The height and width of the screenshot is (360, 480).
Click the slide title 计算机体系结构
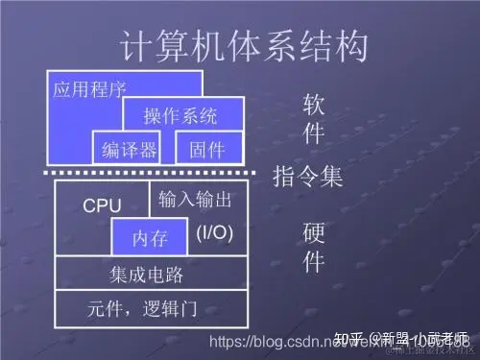[x=245, y=45]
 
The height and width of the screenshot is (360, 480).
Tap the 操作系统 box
[x=180, y=116]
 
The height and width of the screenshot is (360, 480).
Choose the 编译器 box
[x=129, y=149]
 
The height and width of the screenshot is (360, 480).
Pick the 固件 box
[x=206, y=149]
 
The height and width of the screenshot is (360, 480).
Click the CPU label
[x=102, y=205]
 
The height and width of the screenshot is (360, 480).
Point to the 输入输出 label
[x=196, y=200]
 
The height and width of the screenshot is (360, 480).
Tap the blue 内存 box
[x=150, y=236]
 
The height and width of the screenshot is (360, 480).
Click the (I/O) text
[x=214, y=232]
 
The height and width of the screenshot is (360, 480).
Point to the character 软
[x=314, y=104]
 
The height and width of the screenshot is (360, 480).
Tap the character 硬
[x=314, y=233]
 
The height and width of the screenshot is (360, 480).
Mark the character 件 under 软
[x=314, y=133]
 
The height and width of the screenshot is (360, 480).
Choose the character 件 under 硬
[x=314, y=261]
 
